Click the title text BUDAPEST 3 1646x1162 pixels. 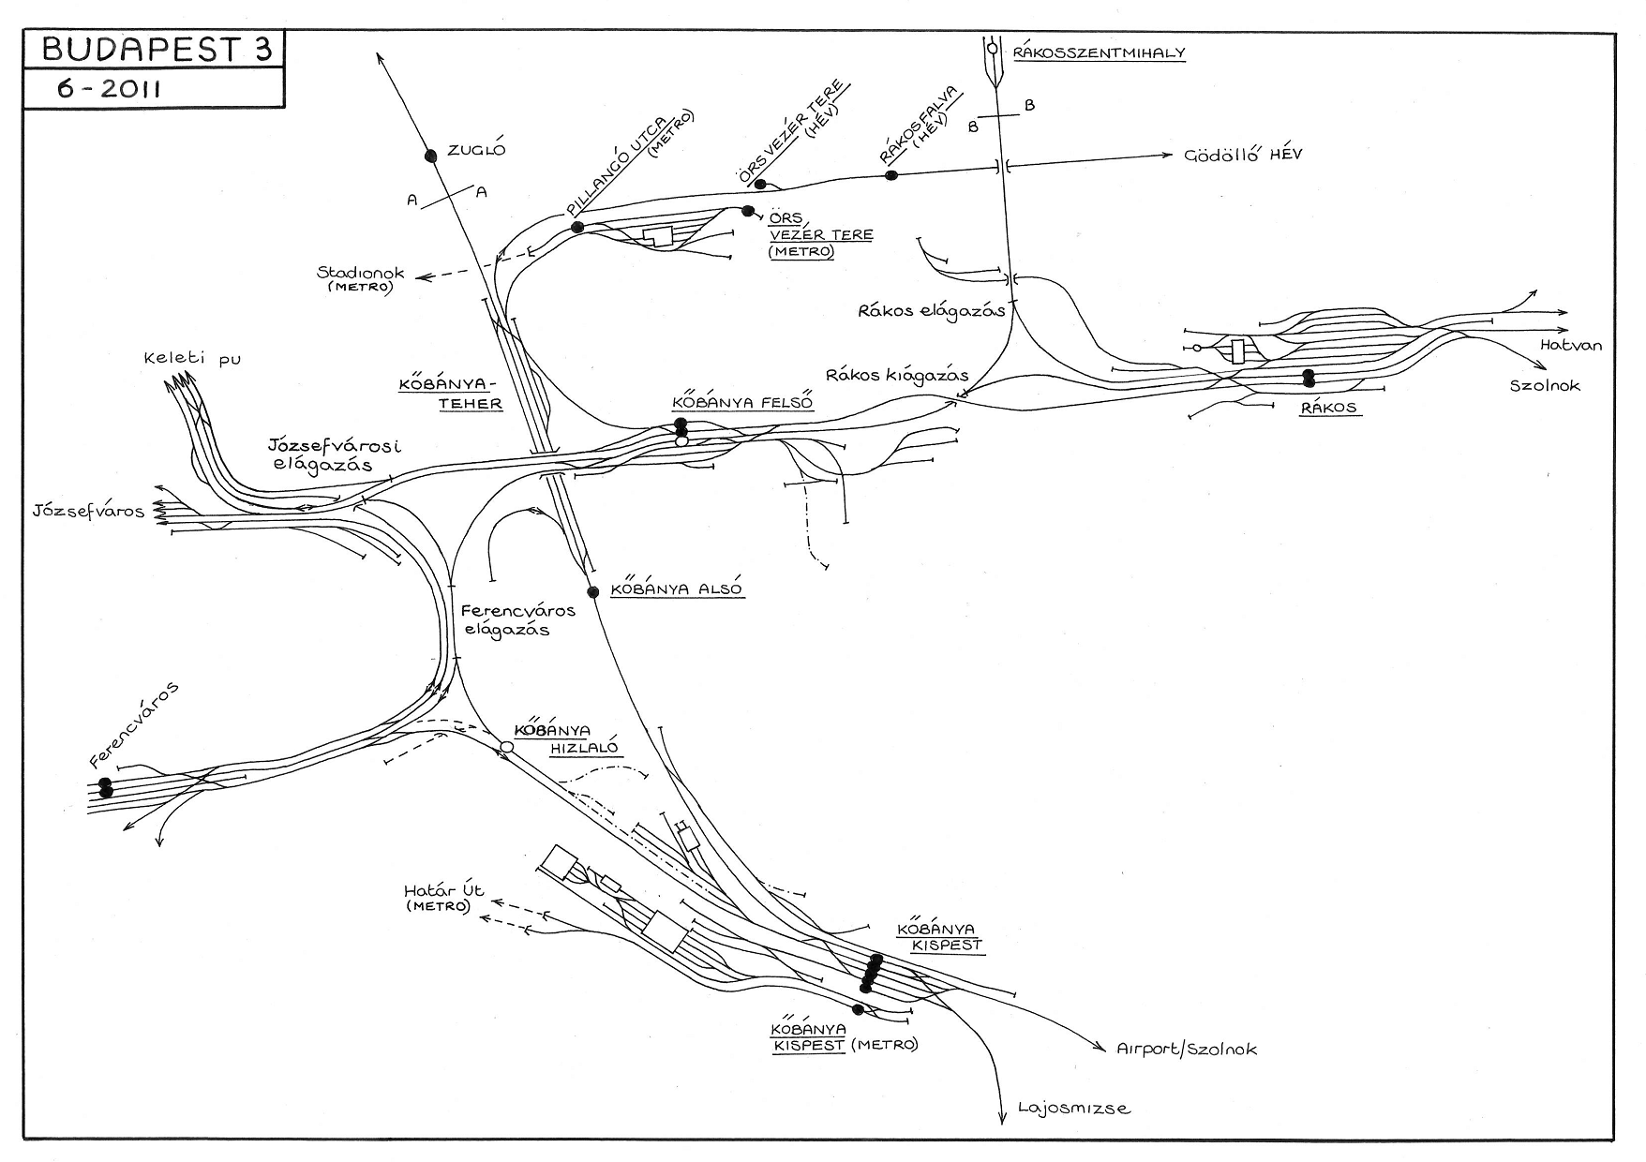tap(156, 51)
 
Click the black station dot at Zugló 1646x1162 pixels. tap(431, 156)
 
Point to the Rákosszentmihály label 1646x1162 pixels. tap(1100, 53)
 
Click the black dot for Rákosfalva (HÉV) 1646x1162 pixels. tap(891, 175)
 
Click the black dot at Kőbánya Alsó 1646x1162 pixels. tap(592, 591)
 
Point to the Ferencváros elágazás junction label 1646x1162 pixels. tap(517, 620)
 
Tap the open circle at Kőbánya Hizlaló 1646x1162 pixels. tap(506, 747)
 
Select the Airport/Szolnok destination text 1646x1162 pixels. tap(1187, 1050)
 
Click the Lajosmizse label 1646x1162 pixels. tap(1074, 1110)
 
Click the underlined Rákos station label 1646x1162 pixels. tap(1329, 409)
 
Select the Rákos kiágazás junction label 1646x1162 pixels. tap(897, 375)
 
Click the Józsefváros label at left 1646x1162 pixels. tap(88, 512)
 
